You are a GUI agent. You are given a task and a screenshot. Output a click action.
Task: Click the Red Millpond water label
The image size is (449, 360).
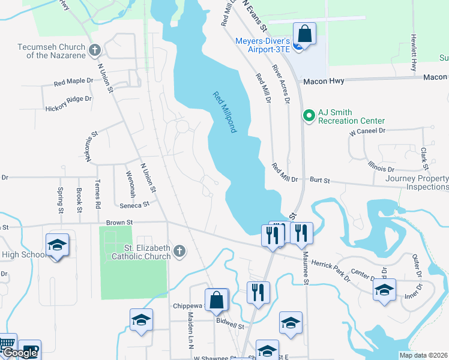(x=224, y=112)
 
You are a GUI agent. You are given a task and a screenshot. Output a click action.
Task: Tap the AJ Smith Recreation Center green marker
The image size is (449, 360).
(x=309, y=114)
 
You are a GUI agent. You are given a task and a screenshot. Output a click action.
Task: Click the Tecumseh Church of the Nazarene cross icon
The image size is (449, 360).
(x=94, y=50)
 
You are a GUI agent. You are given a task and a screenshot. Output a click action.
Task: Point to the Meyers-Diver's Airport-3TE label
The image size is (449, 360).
(x=263, y=44)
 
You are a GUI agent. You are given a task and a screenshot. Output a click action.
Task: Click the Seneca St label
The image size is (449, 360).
(x=134, y=205)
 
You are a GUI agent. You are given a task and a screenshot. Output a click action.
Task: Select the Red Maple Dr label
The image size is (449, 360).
(x=74, y=81)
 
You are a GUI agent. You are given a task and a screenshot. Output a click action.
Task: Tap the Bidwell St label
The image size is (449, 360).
(x=231, y=327)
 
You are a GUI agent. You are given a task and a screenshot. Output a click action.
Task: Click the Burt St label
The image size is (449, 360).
(x=320, y=179)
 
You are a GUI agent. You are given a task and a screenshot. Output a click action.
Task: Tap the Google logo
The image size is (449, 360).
(x=20, y=353)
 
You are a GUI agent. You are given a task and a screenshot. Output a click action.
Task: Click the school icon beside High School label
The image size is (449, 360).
(x=57, y=245)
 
